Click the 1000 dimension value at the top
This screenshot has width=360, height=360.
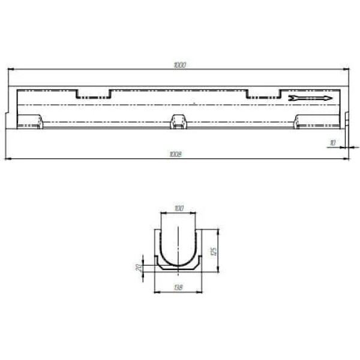(x=180, y=65)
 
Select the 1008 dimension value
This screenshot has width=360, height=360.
(x=175, y=154)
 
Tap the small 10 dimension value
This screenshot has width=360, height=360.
(x=332, y=143)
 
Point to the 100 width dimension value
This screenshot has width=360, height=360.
(x=179, y=208)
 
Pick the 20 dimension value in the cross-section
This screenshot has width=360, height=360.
(x=139, y=268)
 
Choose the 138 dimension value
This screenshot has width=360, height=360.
(x=178, y=287)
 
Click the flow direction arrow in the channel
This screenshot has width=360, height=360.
(x=310, y=98)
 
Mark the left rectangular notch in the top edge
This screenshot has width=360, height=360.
(x=94, y=94)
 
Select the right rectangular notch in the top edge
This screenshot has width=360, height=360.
(x=263, y=94)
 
